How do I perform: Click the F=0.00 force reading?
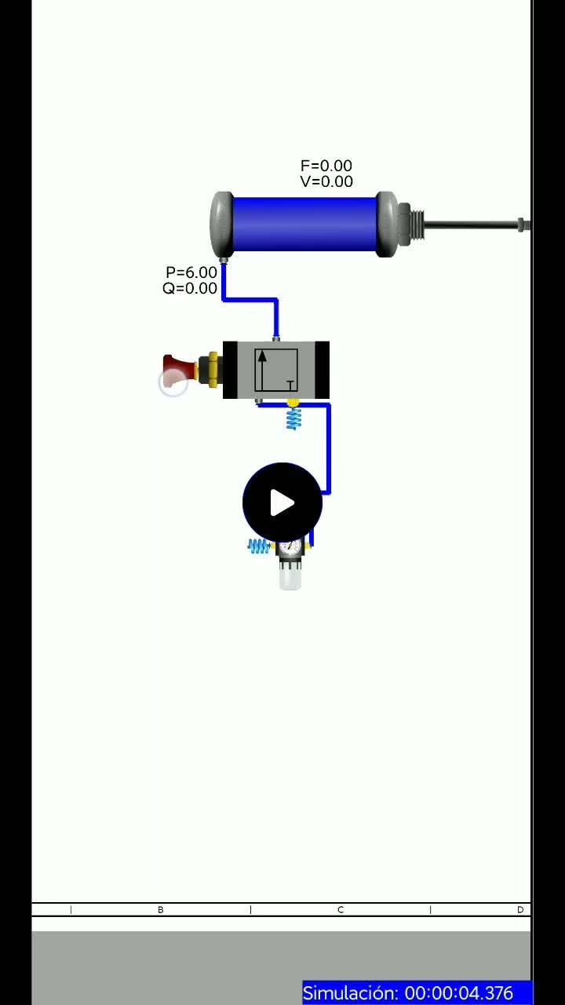(x=326, y=166)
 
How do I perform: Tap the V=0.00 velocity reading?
(x=326, y=181)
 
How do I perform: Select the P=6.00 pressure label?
(x=191, y=272)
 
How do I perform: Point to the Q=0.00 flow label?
(x=190, y=288)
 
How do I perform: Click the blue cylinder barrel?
(x=304, y=224)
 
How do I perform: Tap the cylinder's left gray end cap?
(x=221, y=225)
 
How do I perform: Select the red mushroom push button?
(x=180, y=369)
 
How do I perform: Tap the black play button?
(x=282, y=502)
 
